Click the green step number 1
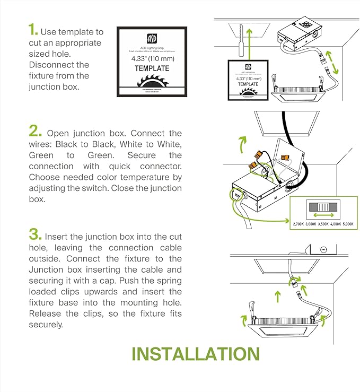(x=32, y=30)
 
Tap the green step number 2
(x=34, y=131)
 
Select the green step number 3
(x=34, y=234)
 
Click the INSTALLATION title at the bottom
(x=195, y=354)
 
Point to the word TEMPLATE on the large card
(x=152, y=68)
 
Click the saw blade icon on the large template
(x=152, y=84)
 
